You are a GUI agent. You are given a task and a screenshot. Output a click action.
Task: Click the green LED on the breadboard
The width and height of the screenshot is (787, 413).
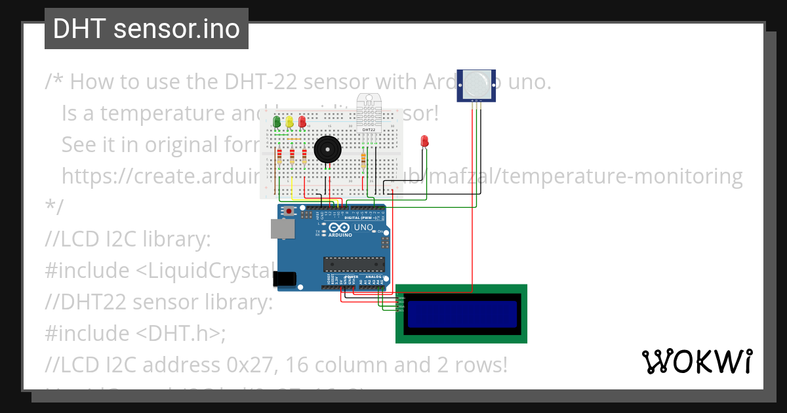click(x=277, y=122)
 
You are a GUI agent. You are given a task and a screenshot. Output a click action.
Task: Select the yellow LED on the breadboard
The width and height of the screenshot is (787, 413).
click(x=289, y=122)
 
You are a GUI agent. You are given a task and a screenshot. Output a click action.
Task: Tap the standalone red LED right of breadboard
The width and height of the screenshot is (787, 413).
click(x=424, y=140)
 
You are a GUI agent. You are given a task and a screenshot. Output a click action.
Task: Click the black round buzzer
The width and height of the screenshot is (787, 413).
click(x=327, y=149)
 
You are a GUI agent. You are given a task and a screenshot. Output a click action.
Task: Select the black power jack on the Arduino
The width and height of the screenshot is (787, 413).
click(x=285, y=279)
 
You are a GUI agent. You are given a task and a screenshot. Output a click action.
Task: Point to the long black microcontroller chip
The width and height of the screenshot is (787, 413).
click(x=353, y=264)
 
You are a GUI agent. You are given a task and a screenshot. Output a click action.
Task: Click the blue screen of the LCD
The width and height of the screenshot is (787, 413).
click(x=462, y=314)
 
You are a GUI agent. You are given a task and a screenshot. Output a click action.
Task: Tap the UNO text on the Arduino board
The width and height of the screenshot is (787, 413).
click(x=363, y=227)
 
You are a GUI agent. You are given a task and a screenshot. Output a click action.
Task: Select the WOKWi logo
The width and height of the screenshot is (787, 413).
click(x=696, y=361)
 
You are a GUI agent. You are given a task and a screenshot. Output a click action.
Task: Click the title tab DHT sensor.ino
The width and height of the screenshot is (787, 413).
click(x=146, y=29)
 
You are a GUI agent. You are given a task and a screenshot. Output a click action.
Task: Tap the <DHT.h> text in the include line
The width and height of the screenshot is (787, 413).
click(x=178, y=333)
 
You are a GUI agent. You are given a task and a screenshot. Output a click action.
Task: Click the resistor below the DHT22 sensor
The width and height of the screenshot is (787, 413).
click(x=363, y=161)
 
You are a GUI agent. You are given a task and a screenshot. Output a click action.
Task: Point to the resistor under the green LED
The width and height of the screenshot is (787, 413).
click(x=280, y=157)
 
